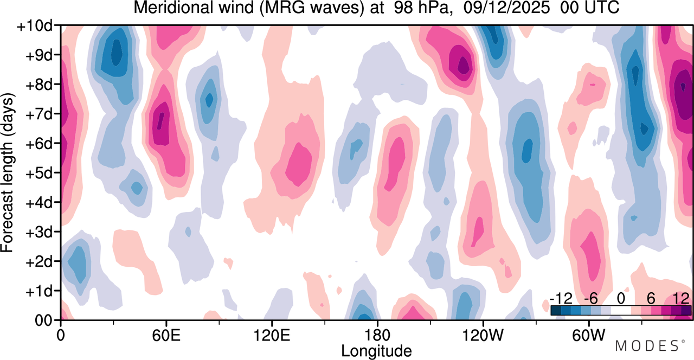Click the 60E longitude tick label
tap(166, 336)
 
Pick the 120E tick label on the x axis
tap(272, 336)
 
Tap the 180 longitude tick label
tap(377, 336)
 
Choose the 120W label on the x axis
tap(483, 336)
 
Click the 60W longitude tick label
tap(589, 336)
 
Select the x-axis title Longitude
tap(376, 351)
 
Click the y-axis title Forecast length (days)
tap(7, 172)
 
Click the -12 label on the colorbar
tap(561, 299)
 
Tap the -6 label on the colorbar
tap(591, 299)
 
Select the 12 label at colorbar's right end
tap(682, 299)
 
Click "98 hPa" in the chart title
tap(421, 8)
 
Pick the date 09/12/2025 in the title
tap(506, 8)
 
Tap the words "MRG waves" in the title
tap(312, 8)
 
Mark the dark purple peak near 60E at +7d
tap(160, 121)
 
